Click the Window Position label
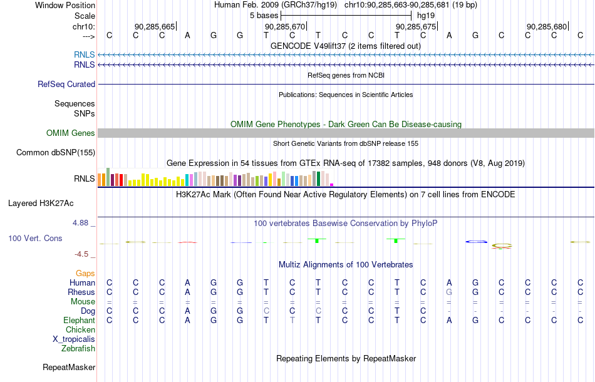coord(65,5)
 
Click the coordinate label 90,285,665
coord(155,26)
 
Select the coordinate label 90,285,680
coord(546,26)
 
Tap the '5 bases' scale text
coord(264,16)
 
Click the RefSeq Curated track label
coord(66,84)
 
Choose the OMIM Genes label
coord(71,133)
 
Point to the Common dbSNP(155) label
coord(56,153)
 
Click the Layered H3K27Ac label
coord(41,204)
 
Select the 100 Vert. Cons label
coord(35,238)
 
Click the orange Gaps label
coord(85,273)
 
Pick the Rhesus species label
coord(81,292)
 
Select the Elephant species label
coord(80,321)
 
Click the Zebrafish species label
coord(78,348)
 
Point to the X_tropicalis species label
coord(74,339)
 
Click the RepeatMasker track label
coord(69,367)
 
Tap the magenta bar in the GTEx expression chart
coord(332,185)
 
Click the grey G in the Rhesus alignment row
coord(449,292)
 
